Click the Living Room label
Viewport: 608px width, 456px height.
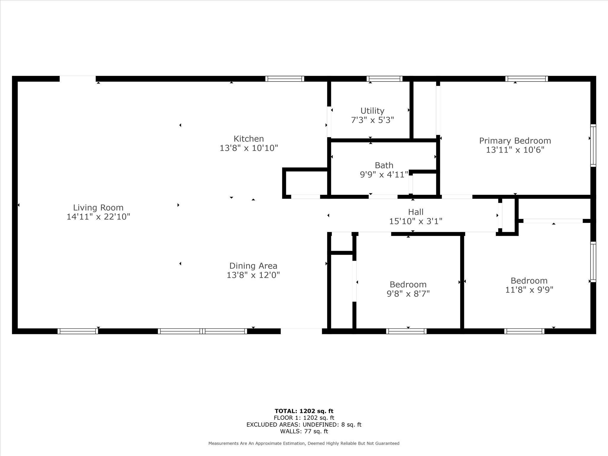tap(98, 208)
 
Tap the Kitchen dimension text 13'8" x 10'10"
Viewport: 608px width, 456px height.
tap(249, 148)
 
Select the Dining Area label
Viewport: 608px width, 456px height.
tap(253, 266)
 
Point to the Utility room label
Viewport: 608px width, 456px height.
tap(372, 111)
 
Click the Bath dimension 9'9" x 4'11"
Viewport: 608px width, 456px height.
tap(384, 175)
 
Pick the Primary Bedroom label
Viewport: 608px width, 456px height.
tap(515, 141)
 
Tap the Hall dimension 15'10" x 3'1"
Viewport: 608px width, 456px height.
tap(416, 221)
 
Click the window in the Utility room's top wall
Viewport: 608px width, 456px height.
tap(384, 79)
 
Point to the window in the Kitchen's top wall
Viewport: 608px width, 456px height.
tap(285, 79)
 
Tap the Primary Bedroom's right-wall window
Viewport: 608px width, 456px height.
tap(593, 145)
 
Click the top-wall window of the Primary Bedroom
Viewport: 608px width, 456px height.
tap(526, 79)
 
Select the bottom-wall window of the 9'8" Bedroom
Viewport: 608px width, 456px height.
tap(406, 331)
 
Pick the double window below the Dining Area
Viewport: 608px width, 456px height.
tap(202, 331)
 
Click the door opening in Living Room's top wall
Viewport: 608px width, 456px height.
tap(77, 79)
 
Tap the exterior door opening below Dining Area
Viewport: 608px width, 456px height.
tap(301, 331)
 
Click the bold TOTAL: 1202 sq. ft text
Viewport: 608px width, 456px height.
tap(304, 411)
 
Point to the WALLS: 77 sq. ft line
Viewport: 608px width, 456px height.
tap(304, 431)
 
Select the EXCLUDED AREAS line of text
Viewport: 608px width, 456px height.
tap(304, 425)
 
